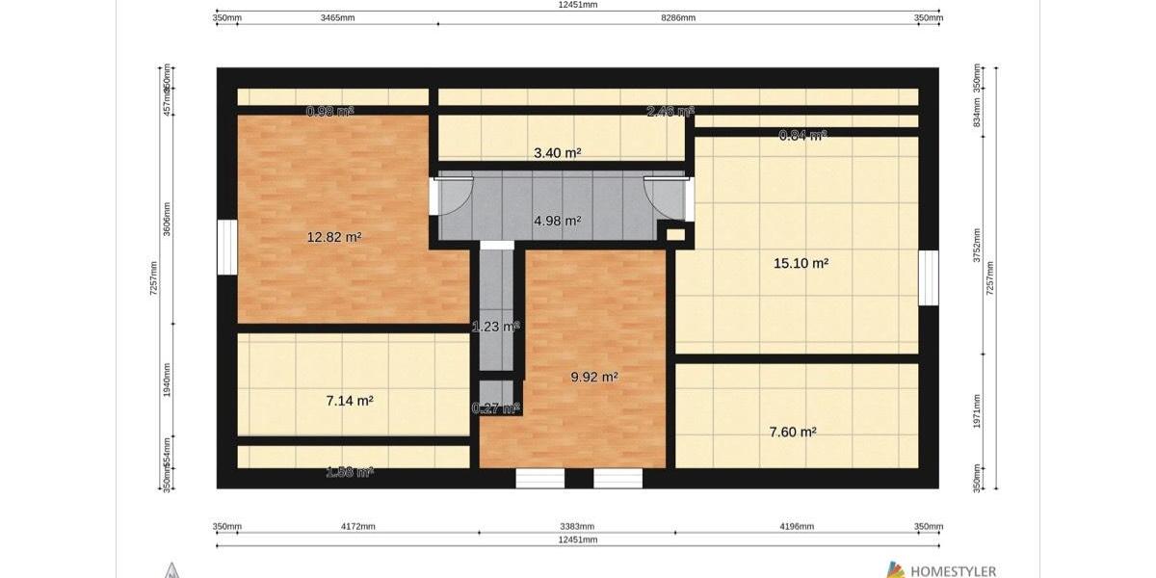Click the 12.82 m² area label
(x=334, y=237)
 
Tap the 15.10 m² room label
(x=801, y=262)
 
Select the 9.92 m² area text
(x=593, y=378)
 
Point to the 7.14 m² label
(x=350, y=401)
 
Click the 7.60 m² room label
(x=792, y=433)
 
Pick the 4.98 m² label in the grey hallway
(x=557, y=221)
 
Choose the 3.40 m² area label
(x=557, y=153)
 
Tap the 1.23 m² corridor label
(x=495, y=327)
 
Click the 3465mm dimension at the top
(x=337, y=17)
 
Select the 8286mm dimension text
(x=678, y=17)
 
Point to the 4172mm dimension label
(x=358, y=527)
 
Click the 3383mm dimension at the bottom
(x=577, y=527)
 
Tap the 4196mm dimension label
(x=797, y=527)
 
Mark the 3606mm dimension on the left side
(x=168, y=220)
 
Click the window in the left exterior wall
(x=227, y=248)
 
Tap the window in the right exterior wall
(x=929, y=277)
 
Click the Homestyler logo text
(x=953, y=571)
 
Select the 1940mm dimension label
(x=168, y=381)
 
